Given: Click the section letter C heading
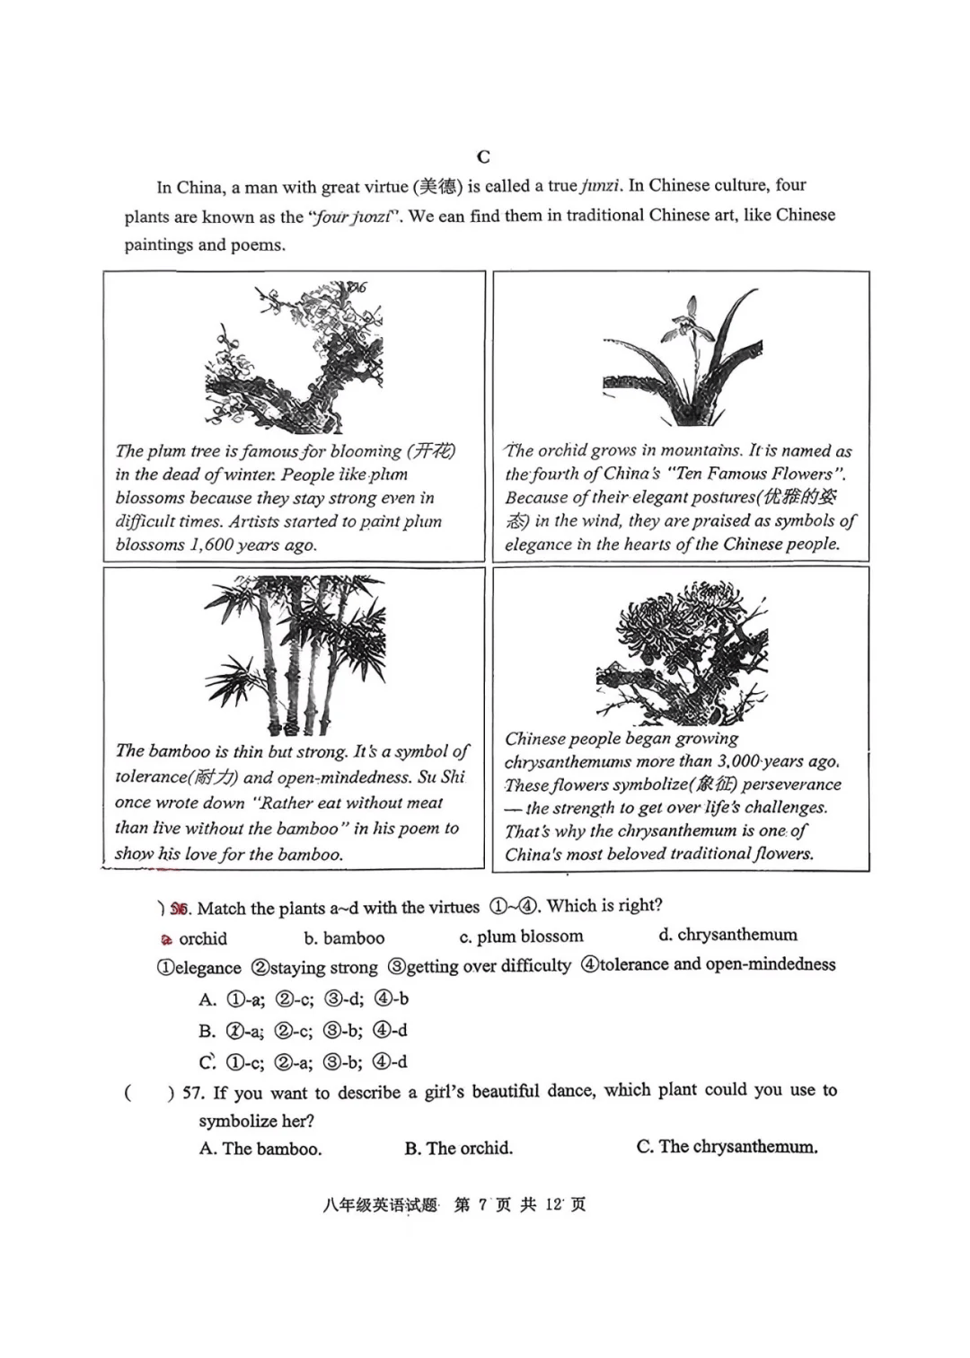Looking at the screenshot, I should click(x=483, y=157).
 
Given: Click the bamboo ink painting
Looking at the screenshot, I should click(x=295, y=655).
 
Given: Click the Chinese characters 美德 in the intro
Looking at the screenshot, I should click(x=439, y=186).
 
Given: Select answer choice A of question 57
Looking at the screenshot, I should click(x=260, y=1149).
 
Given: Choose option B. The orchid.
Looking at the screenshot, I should click(x=458, y=1148).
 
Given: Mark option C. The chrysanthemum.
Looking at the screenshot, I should click(x=727, y=1147).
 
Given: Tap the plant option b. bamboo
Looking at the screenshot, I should click(x=344, y=938).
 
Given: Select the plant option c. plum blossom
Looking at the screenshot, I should click(x=521, y=936).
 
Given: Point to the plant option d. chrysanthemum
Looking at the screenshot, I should click(x=727, y=935).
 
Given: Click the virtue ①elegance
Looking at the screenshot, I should click(x=198, y=968).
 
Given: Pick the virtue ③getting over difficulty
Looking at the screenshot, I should click(x=479, y=966).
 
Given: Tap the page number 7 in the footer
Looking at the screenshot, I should click(x=482, y=1205).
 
